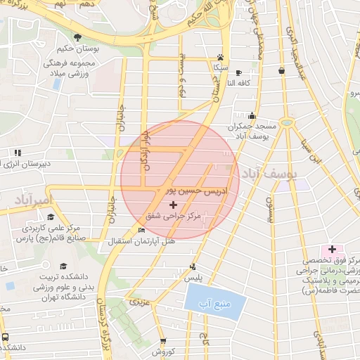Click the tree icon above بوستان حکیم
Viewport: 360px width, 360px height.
[77, 37]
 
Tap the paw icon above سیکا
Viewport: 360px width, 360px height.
[220, 57]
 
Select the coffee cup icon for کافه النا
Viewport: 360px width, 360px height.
[238, 72]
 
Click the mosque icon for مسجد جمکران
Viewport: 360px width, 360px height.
[252, 116]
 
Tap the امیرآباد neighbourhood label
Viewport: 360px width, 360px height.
[31, 200]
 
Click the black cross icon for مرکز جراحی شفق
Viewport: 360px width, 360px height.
[174, 205]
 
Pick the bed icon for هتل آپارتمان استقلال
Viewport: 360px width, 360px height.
[142, 230]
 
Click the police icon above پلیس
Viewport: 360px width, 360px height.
[193, 266]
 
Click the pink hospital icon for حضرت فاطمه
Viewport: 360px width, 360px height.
[330, 250]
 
